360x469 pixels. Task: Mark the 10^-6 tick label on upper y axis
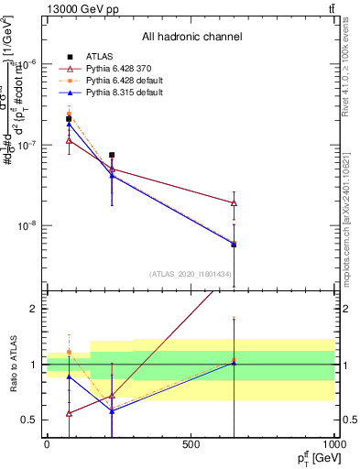click(x=27, y=64)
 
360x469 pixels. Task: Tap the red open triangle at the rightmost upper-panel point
click(x=234, y=202)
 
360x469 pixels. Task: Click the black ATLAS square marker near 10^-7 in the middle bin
click(x=112, y=155)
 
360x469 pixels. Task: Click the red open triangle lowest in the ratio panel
click(x=70, y=413)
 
